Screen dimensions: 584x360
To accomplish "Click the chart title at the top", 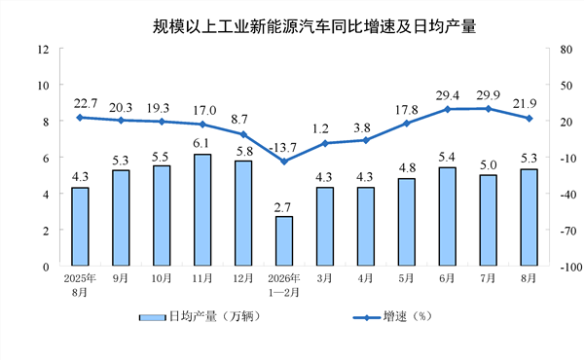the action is coord(314,26).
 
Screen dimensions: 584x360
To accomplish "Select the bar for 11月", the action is coord(202,209).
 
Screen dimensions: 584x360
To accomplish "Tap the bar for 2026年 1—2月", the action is coord(284,241).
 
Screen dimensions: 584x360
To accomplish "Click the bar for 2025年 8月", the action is coord(80,227).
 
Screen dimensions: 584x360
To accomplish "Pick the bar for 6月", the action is coord(448,216).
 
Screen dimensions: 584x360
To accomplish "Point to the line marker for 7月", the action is coord(488,109).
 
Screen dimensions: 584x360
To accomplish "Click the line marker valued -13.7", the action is coord(284,162).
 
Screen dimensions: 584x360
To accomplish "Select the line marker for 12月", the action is coord(243,134).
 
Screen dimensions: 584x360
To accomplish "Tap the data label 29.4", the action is coord(448,96).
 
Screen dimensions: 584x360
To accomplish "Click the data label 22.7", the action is coord(86,103).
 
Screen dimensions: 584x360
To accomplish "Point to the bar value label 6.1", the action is coord(201,143).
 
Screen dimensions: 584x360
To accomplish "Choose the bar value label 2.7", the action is coord(282,207).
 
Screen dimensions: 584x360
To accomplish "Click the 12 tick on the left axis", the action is coord(43,50).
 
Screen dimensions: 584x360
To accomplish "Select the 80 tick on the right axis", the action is coord(566,50).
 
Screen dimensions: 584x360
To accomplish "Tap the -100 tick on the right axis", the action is coord(571,267).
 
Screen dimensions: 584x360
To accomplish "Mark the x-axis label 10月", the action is coord(162,278).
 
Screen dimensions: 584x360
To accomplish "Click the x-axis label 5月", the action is coord(406,278).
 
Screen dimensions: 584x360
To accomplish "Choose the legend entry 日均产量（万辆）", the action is coord(200,317).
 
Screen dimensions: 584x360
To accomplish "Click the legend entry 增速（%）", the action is coord(392,317).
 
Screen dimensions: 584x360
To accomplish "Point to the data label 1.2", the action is coord(320,128).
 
